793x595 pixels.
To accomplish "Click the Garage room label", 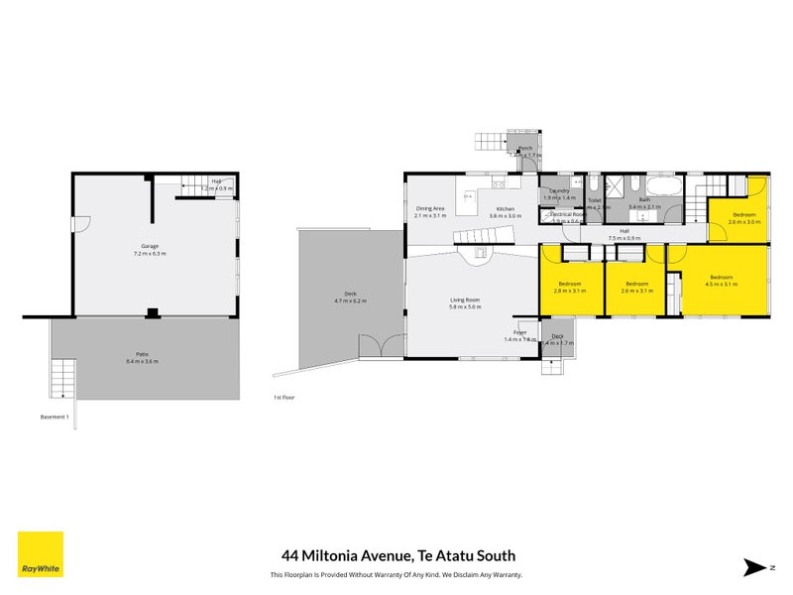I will [150, 246].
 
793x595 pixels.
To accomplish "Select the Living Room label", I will [465, 299].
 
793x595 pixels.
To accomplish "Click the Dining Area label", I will [429, 208].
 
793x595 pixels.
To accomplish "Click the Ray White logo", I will [41, 554].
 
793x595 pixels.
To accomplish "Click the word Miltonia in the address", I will [346, 556].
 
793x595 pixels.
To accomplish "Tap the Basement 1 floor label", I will [54, 416].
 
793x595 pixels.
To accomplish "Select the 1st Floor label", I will [283, 397].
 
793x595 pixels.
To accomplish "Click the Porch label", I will [525, 149].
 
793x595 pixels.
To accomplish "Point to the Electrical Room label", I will [567, 214].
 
